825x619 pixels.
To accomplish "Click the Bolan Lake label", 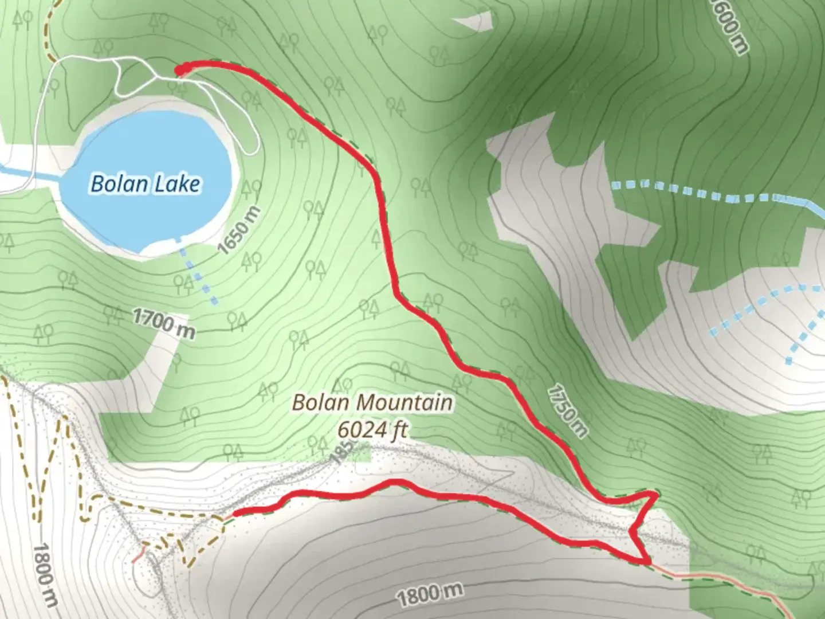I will (x=146, y=184).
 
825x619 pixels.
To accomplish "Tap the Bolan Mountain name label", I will (x=372, y=402).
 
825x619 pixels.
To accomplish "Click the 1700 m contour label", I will (x=163, y=323).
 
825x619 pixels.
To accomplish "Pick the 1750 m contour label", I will (x=567, y=410).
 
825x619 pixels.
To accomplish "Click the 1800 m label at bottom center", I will (x=429, y=596).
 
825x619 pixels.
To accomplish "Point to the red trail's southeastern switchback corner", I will (x=647, y=560).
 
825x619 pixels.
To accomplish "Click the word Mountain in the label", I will (x=411, y=402).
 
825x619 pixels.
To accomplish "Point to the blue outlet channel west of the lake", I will (x=23, y=175).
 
